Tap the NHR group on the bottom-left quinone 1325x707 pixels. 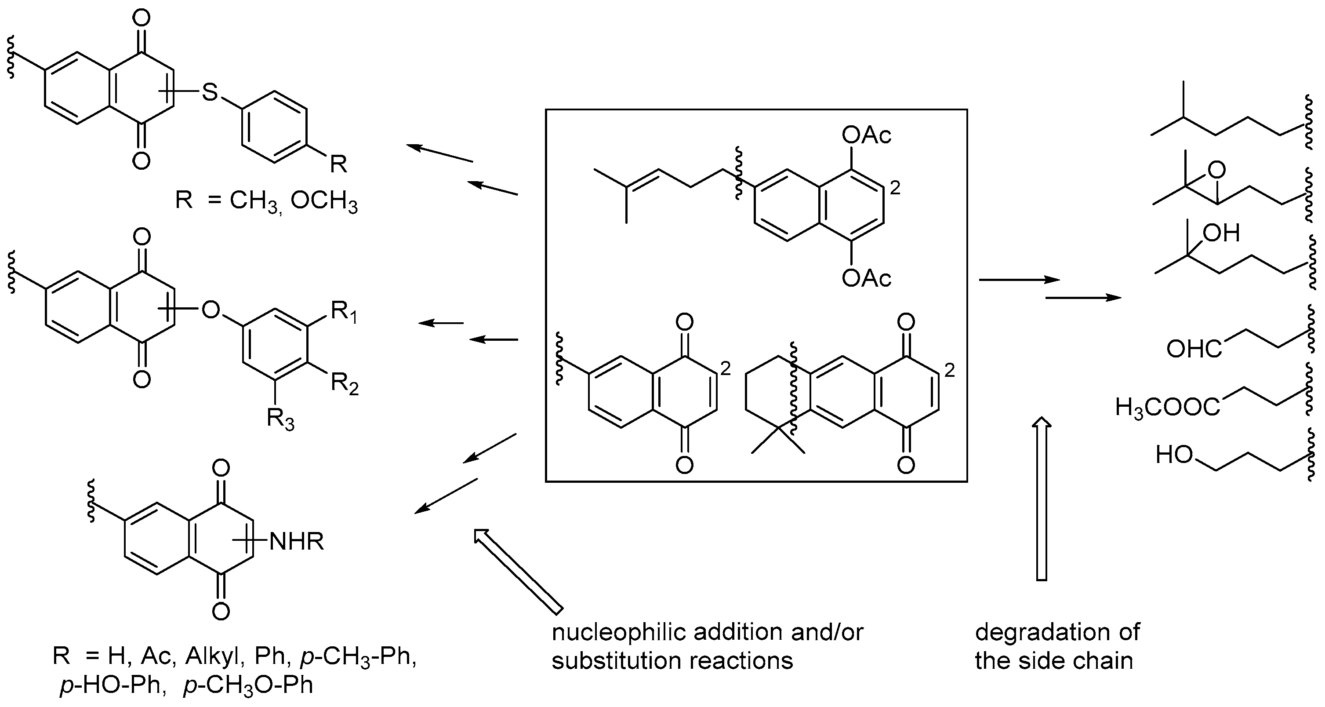click(296, 541)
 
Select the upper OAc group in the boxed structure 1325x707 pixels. click(866, 135)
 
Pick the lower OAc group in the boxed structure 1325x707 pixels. click(866, 278)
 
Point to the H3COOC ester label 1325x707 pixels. click(1167, 408)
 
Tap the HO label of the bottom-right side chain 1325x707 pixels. click(1174, 455)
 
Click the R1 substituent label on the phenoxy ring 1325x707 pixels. click(344, 311)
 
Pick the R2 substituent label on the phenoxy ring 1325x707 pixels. click(344, 383)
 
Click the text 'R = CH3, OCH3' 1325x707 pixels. click(266, 200)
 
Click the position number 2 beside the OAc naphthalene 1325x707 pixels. click(896, 188)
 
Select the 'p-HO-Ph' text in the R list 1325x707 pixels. click(111, 685)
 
